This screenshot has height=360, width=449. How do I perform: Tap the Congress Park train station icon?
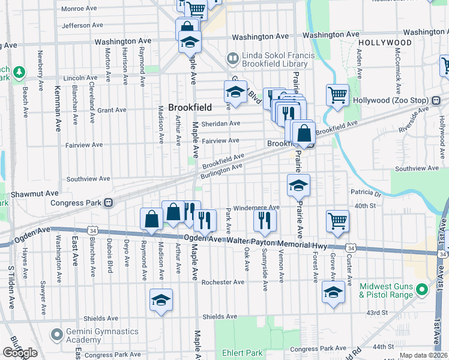[108, 202]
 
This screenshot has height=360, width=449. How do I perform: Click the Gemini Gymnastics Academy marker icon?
[57, 334]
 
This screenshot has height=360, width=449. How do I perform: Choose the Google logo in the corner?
[20, 353]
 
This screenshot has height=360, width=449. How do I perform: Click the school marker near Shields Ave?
[161, 299]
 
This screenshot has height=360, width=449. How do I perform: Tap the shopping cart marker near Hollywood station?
[338, 94]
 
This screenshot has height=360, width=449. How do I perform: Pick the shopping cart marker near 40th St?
[338, 220]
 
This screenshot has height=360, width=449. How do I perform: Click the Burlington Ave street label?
[221, 169]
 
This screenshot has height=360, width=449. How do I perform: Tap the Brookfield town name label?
[190, 107]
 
